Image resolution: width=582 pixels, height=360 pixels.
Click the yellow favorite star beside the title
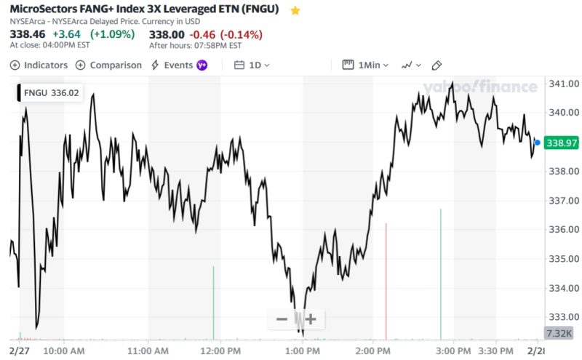point(295,11)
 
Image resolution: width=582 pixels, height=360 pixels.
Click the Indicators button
point(39,65)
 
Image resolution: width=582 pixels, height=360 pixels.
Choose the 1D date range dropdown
point(252,65)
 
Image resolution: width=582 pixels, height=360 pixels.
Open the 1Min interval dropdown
point(366,65)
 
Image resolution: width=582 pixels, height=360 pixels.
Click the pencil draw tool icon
point(436,65)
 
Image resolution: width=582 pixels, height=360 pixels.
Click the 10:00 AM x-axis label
point(64,350)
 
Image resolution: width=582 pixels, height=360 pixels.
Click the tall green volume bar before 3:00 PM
point(440,273)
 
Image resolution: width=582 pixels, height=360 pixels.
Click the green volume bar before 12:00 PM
point(213,302)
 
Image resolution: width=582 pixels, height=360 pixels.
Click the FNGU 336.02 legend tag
point(49,92)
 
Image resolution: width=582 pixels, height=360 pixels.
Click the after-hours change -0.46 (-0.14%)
point(226,34)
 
